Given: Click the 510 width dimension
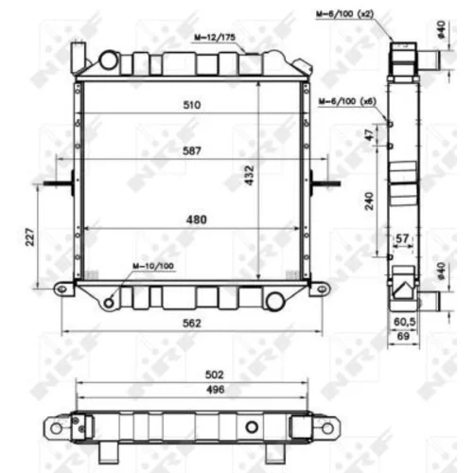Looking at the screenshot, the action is point(192,105).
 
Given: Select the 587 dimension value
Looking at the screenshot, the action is point(192,150).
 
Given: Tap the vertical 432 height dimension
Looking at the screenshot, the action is point(249,175).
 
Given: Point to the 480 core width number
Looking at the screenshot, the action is point(196,219).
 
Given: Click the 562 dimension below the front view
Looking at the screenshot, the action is point(192,324).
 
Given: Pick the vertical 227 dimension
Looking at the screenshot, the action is point(29,236).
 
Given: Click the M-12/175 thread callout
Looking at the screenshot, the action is point(215,38).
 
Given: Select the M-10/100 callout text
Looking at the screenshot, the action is point(153,266).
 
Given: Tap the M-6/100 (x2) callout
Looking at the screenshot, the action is point(344,14).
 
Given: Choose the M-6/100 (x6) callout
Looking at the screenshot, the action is point(347,101).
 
